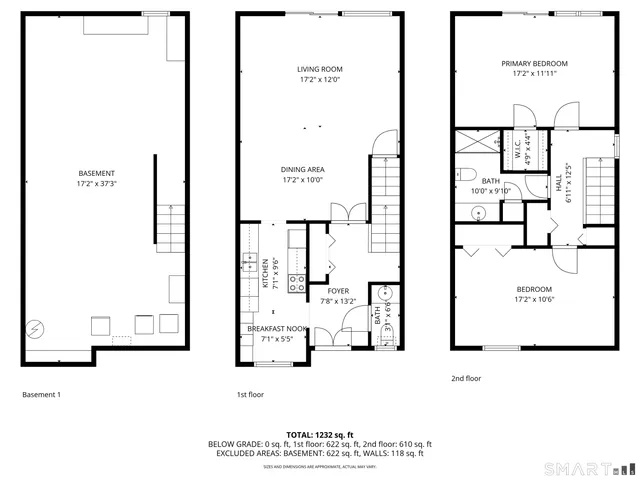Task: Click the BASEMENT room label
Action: coord(96,173)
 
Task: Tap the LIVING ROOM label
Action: coord(320,69)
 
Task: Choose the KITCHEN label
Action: coord(265,273)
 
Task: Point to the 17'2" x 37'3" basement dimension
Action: coord(96,184)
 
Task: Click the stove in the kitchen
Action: coord(296,283)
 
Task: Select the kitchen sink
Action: coord(246,264)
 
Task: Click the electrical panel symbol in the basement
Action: coord(34,327)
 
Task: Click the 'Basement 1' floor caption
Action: coord(42,395)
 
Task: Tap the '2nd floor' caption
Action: coord(466,378)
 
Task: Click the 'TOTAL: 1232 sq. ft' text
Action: coord(319,434)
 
